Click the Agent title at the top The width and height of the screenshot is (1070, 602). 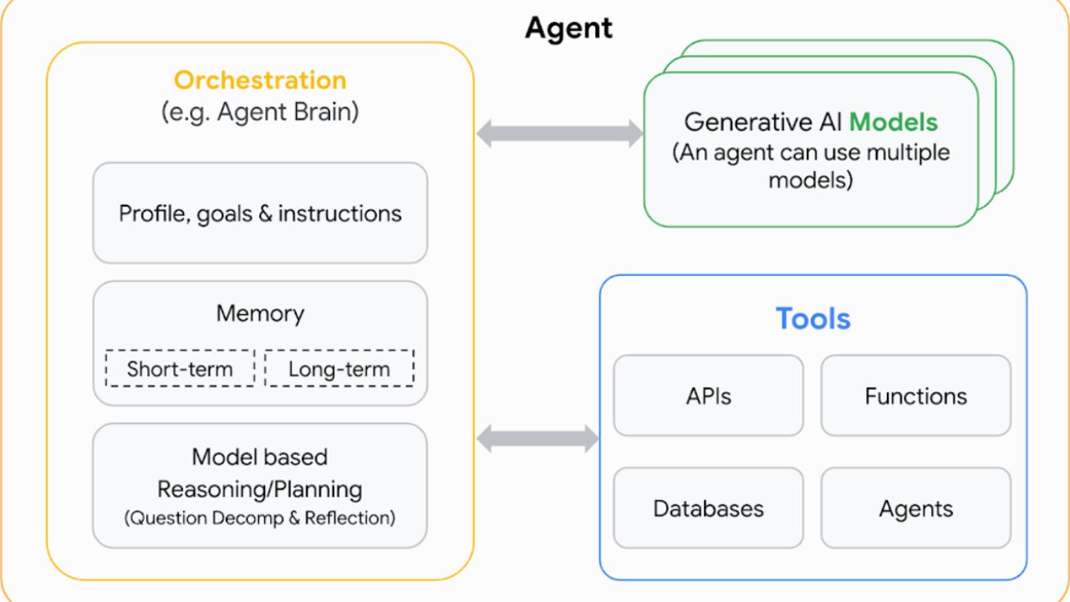point(568,28)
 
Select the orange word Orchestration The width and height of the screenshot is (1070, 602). point(260,79)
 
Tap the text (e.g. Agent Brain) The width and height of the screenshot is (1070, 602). point(260,112)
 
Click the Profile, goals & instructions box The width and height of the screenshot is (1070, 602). point(260,213)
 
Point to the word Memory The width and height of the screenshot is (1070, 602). point(260,314)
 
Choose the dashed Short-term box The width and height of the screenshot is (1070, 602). point(180,369)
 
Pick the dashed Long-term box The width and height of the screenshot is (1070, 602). point(339,369)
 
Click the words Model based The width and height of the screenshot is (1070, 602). point(260,457)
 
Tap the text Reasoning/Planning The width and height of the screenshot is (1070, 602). point(260,489)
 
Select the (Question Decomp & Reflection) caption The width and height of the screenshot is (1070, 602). point(260,518)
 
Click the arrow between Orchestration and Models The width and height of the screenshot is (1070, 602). point(560,133)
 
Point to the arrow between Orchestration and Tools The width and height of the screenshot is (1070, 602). point(538,438)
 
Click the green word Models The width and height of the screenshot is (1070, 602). point(894,122)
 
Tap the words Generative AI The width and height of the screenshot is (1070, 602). point(763,122)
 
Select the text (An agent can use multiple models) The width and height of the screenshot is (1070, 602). point(811,166)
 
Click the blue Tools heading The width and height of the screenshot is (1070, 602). point(813,319)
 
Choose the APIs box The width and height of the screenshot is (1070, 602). point(708,395)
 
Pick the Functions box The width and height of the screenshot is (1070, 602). point(916,395)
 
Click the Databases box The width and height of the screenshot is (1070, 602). point(708,508)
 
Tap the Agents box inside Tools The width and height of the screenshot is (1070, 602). point(916,508)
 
